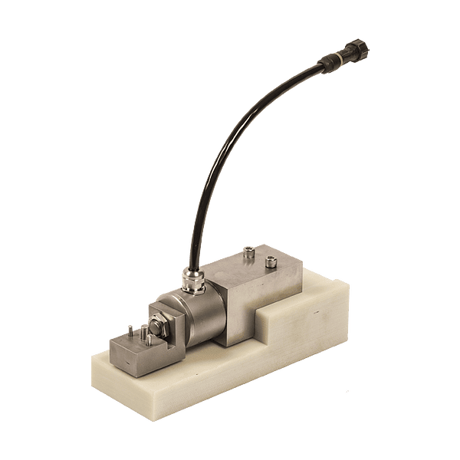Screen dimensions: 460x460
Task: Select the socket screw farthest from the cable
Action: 271,262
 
